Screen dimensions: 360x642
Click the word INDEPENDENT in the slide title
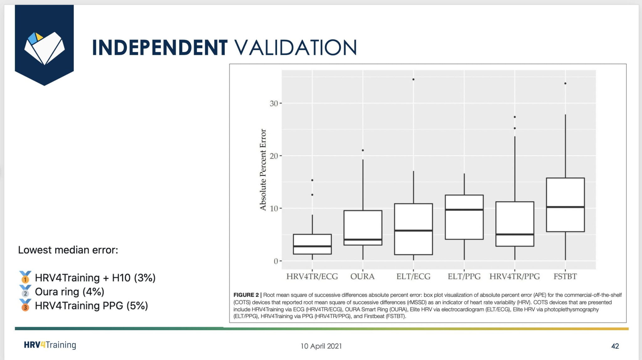pos(160,48)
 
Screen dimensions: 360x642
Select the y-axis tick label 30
pos(274,103)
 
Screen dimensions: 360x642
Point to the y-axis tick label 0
pos(276,261)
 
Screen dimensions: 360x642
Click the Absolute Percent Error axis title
pos(263,170)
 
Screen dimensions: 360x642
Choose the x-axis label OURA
pos(362,276)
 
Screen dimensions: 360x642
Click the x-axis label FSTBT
pos(565,276)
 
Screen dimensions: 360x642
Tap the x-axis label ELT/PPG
pos(464,276)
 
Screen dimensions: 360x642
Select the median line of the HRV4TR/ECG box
pos(312,246)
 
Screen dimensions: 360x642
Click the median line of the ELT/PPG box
pos(464,210)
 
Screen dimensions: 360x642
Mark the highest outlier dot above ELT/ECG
pos(413,80)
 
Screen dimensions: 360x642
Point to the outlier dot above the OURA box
pos(363,150)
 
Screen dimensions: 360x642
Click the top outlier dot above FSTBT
pos(565,83)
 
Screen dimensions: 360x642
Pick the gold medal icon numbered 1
pos(25,277)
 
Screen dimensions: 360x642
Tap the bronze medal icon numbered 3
pos(25,305)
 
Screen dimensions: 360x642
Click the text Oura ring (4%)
pos(69,292)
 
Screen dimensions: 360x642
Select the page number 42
pos(615,346)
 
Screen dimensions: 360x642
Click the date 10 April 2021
pos(321,346)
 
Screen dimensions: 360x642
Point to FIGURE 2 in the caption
pos(246,295)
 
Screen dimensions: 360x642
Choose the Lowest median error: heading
pos(68,250)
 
